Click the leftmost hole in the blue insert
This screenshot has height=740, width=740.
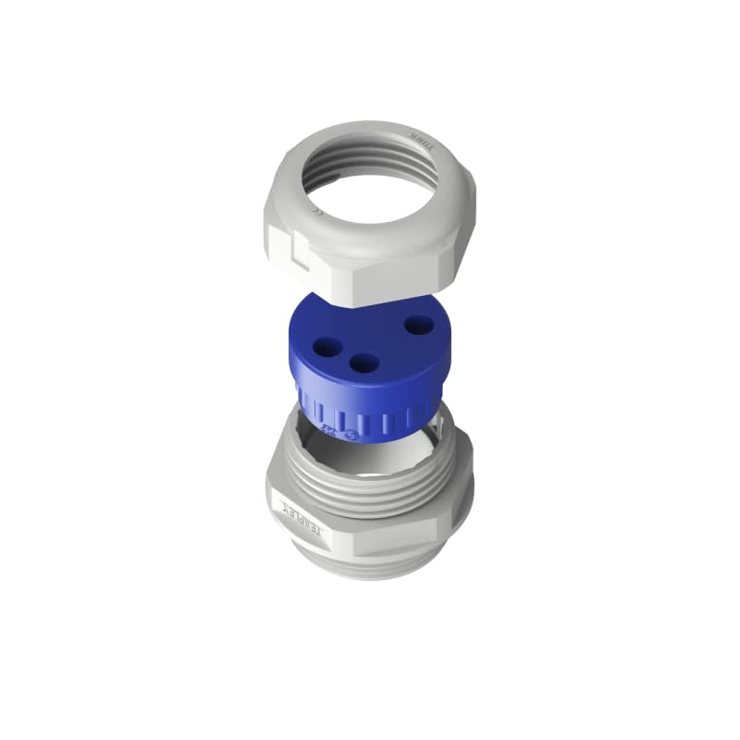coord(327,348)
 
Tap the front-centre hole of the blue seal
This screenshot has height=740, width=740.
coord(364,364)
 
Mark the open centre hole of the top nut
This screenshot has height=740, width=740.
coord(370,185)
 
